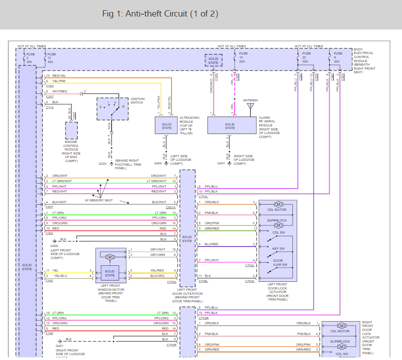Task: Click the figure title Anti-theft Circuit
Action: coord(160,14)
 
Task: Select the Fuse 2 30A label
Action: coord(30,58)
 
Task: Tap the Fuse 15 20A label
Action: coord(243,58)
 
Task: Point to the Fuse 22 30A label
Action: coord(305,58)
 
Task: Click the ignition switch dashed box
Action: coord(112,109)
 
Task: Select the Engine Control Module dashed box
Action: coord(71,130)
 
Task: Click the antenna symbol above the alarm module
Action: coord(250,107)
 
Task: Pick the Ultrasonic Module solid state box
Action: coord(166,125)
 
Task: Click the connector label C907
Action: coord(50,207)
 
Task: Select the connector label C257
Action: coord(50,96)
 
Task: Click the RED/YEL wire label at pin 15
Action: coord(59,76)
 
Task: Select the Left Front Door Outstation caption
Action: coord(187,296)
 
